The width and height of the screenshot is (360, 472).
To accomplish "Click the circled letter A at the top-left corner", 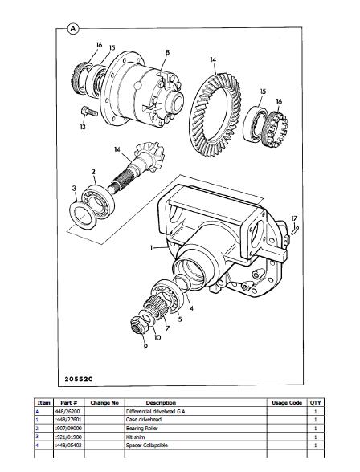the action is pyautogui.click(x=72, y=29).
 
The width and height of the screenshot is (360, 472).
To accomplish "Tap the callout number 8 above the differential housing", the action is pyautogui.click(x=167, y=53).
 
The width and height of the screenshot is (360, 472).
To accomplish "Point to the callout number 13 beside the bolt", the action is pyautogui.click(x=83, y=127).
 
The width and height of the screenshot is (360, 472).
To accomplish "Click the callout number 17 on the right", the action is pyautogui.click(x=294, y=218).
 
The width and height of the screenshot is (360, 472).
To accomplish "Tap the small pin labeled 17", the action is pyautogui.click(x=295, y=230).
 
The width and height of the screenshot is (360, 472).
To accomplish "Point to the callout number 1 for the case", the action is pyautogui.click(x=152, y=248).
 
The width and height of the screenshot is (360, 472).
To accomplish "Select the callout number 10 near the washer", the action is pyautogui.click(x=157, y=337).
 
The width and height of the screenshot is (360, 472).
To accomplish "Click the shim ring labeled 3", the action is pyautogui.click(x=83, y=214).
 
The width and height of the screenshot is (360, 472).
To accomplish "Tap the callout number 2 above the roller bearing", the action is pyautogui.click(x=93, y=172).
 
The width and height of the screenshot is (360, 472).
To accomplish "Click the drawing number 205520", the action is pyautogui.click(x=79, y=379).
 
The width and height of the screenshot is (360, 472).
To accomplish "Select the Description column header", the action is pyautogui.click(x=161, y=403).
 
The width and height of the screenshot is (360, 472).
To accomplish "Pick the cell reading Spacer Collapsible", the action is pyautogui.click(x=147, y=446).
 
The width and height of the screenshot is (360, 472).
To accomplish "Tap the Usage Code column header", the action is pyautogui.click(x=287, y=403).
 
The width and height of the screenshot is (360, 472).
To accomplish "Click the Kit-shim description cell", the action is pyautogui.click(x=135, y=437).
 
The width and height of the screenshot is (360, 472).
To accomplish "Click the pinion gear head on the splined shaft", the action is pyautogui.click(x=149, y=156).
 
